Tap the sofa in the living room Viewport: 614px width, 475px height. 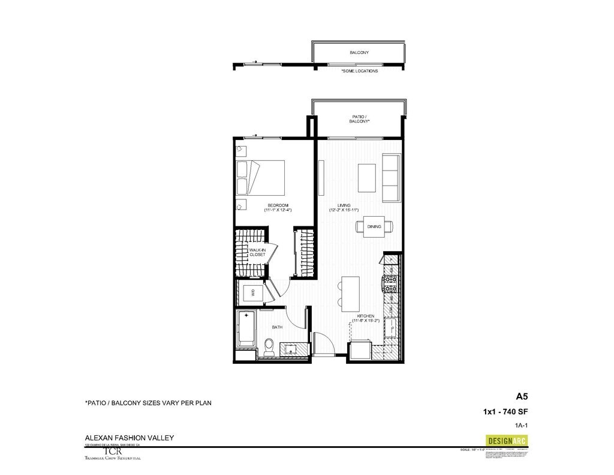tap(391, 178)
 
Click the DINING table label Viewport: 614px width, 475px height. tap(375, 226)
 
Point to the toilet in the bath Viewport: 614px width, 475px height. tap(269, 347)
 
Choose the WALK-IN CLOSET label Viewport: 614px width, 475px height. tap(257, 252)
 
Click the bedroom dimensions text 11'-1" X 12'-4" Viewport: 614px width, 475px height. tap(277, 210)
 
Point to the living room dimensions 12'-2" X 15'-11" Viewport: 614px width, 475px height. tap(344, 210)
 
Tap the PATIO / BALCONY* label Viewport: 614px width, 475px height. tap(359, 119)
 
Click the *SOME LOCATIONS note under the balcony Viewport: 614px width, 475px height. tap(360, 71)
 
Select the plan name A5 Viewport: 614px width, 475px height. tap(522, 396)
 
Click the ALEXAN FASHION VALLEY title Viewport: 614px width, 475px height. tap(129, 438)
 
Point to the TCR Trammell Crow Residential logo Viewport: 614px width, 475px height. tap(114, 453)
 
